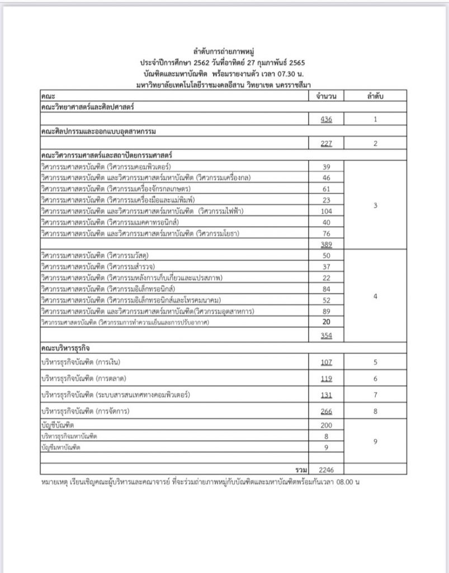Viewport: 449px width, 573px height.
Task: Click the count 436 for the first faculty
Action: point(327,119)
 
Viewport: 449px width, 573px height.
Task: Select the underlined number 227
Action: point(327,143)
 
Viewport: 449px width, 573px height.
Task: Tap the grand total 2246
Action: point(327,468)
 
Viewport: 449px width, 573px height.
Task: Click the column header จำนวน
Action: point(327,96)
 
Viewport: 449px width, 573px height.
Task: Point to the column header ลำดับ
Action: point(375,96)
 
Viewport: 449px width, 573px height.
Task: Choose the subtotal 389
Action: point(327,244)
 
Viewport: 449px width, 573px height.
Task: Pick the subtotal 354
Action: point(327,335)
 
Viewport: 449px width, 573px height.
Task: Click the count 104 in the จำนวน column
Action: point(327,211)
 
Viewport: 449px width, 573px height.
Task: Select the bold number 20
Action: point(327,322)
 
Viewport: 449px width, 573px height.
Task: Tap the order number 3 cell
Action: point(375,205)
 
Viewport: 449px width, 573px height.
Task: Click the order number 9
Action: point(375,442)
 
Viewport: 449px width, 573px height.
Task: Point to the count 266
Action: point(327,411)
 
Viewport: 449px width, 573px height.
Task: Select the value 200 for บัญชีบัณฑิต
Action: point(327,426)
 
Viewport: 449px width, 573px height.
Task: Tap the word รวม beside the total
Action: point(301,468)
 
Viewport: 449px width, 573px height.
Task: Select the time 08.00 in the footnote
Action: point(344,481)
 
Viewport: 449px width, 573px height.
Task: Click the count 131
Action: point(327,394)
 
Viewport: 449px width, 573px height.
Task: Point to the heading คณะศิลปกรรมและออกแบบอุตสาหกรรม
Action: point(98,131)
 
